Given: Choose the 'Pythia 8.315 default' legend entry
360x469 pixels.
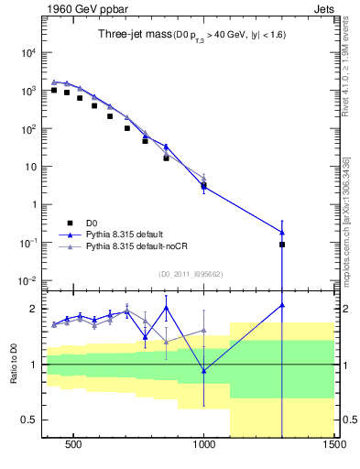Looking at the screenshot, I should click(130, 234).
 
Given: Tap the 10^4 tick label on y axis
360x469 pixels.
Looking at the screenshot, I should click(27, 53).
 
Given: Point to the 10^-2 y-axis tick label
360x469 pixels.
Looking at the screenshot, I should click(27, 280).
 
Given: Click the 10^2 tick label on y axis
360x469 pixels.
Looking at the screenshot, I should click(27, 129).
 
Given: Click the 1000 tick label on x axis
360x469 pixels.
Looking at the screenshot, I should click(204, 450).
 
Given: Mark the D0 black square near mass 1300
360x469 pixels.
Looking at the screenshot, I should click(282, 245).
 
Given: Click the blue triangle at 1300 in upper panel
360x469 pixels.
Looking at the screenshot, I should click(282, 232).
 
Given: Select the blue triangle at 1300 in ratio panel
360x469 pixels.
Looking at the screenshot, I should click(282, 305).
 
